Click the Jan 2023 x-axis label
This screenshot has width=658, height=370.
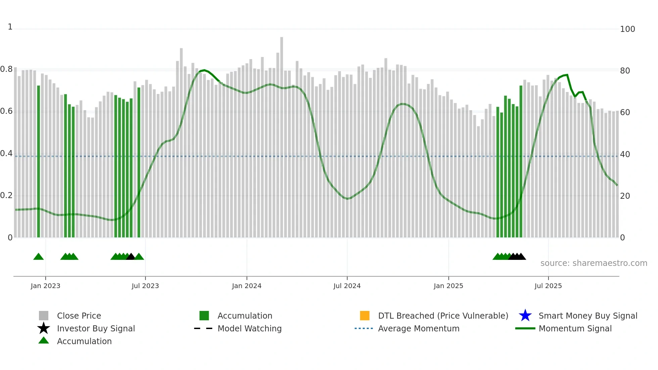(45, 286)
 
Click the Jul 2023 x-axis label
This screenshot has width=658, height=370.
(145, 286)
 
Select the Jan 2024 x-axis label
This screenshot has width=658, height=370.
(246, 286)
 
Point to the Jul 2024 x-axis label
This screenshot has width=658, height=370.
(347, 286)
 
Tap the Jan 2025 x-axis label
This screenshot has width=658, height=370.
(448, 286)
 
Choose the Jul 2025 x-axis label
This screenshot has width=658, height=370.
(548, 286)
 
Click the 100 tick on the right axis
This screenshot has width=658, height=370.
(627, 29)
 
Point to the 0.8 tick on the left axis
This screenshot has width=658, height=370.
(6, 70)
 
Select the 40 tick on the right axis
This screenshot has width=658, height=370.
(625, 154)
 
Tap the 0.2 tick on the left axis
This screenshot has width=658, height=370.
(6, 195)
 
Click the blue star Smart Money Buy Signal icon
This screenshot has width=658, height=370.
(525, 316)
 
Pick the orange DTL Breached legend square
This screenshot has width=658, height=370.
(365, 316)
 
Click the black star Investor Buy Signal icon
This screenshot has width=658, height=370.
(44, 328)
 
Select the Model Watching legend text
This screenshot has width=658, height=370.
(249, 328)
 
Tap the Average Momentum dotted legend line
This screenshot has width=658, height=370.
(364, 328)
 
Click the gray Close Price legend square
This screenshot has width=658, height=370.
(44, 316)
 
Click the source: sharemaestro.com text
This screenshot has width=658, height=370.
(594, 263)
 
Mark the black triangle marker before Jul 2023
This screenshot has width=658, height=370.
(131, 257)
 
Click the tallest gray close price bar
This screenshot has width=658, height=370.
(282, 134)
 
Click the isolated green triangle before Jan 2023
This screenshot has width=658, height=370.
(39, 257)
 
